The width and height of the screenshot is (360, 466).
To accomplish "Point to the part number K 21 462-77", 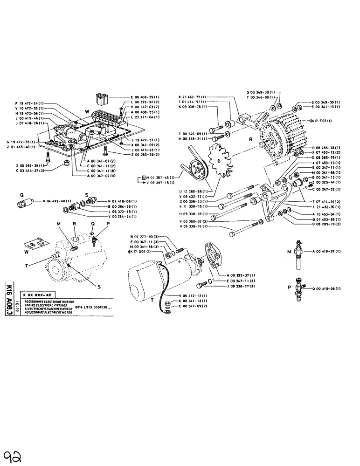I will (192, 96).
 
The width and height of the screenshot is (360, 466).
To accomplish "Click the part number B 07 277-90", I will (145, 237).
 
